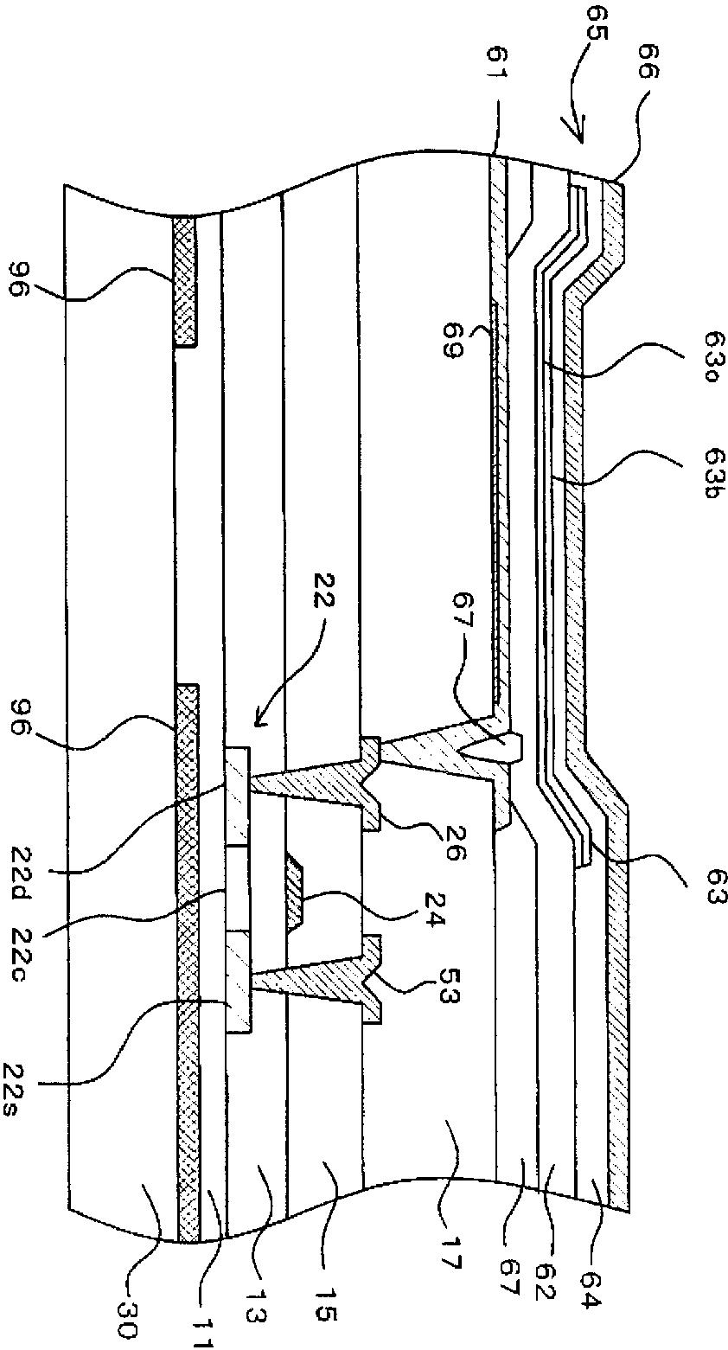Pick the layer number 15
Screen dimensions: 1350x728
(x=326, y=1320)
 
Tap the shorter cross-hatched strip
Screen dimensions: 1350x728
(x=185, y=280)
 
